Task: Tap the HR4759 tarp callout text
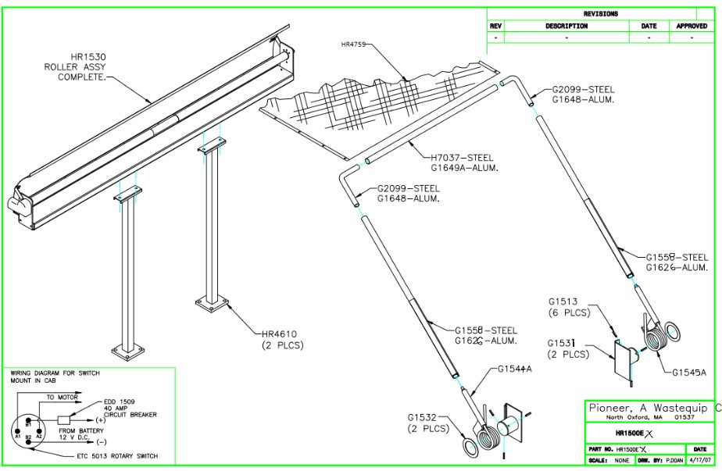click(x=354, y=45)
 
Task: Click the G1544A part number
click(x=515, y=369)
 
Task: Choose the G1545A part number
click(x=689, y=373)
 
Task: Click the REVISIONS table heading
click(x=600, y=13)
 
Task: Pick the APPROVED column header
click(x=691, y=26)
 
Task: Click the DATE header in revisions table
click(x=649, y=26)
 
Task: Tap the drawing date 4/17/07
click(x=698, y=461)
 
